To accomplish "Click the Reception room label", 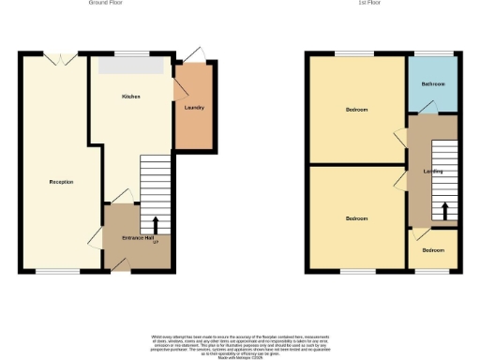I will click(61, 182).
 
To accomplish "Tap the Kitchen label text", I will click(130, 97).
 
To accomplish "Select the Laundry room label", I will click(194, 108).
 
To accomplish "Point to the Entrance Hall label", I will click(137, 238).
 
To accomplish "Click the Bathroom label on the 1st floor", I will click(432, 85).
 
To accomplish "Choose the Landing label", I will click(433, 172).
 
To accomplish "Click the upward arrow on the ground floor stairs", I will click(155, 224).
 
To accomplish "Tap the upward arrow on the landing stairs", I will click(444, 210).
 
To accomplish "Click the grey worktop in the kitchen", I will click(132, 66).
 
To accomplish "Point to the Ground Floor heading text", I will click(105, 4).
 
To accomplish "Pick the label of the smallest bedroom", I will click(432, 251).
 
